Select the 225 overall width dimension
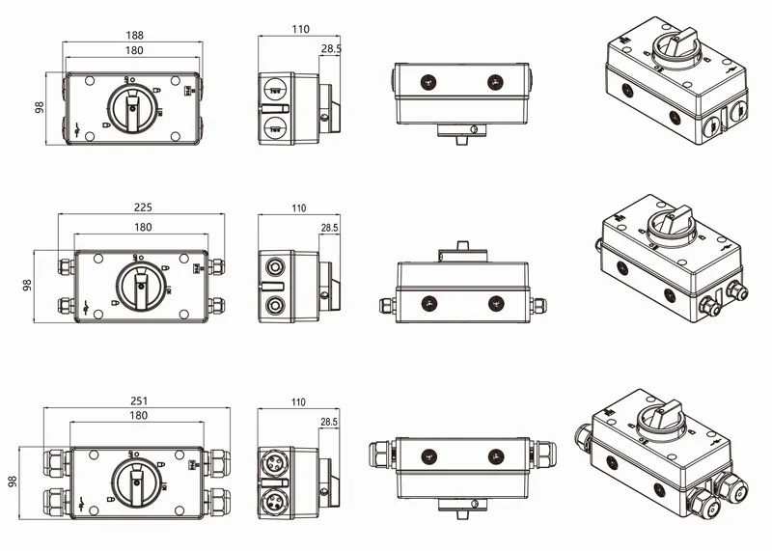tap(142, 207)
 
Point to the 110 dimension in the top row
tap(299, 29)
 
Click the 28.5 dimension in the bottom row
tap(329, 422)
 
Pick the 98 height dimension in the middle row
tap(28, 287)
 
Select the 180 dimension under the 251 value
tap(138, 415)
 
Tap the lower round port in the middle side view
tap(277, 308)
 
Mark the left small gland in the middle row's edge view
tap(384, 304)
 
